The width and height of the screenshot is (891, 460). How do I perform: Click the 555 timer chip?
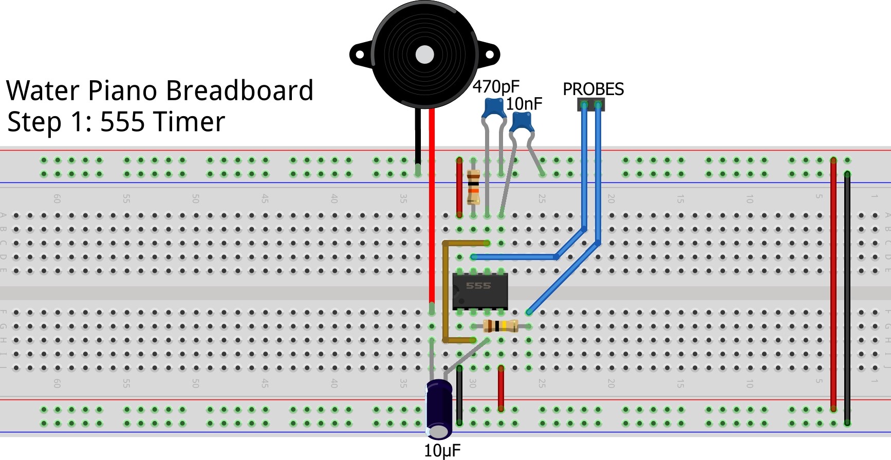[479, 290]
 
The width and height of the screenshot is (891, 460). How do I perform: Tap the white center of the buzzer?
[424, 54]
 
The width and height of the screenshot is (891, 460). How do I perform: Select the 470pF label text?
[496, 87]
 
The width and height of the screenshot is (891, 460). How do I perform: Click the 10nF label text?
[524, 104]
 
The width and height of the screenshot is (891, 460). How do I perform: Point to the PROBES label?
[593, 89]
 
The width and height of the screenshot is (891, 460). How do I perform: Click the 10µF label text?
[442, 451]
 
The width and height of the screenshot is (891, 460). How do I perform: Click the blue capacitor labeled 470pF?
[494, 107]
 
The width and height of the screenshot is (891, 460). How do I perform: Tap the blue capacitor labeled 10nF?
[522, 122]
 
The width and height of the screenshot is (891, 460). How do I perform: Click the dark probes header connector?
[591, 105]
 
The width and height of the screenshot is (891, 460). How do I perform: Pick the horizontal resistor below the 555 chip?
[500, 325]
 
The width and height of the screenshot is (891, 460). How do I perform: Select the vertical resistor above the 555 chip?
[473, 187]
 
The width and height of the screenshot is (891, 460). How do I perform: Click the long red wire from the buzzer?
[432, 206]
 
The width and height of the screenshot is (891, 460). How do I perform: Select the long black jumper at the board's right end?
[847, 298]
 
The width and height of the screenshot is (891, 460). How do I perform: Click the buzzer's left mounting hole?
[359, 54]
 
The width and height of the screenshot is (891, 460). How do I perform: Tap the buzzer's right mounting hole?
[490, 54]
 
